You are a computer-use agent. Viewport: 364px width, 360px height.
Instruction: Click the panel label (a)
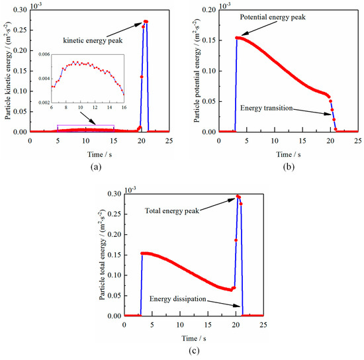(x=85, y=167)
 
